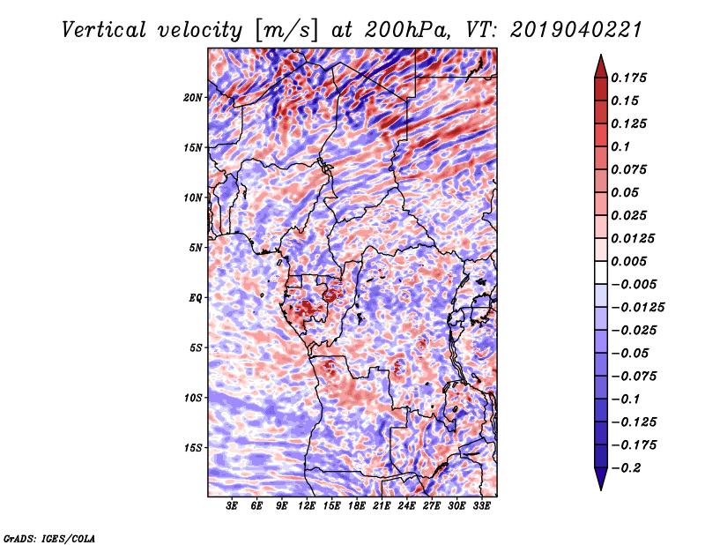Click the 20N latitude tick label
coord(194,97)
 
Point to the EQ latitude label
coord(196,297)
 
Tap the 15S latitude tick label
coord(194,447)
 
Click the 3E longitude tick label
coord(233,506)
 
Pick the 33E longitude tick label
coord(481,506)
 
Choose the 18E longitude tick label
coord(357,506)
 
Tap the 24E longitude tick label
coord(406,506)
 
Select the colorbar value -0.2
coord(631,467)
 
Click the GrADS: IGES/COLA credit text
coord(49,536)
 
